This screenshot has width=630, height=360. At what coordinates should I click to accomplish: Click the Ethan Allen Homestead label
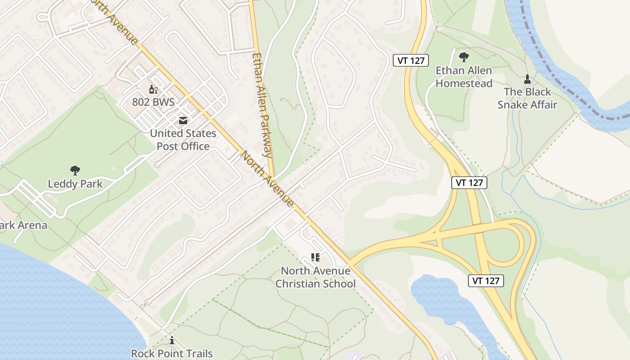[x=464, y=77]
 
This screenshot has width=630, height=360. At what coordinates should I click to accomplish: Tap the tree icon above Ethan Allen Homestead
[x=464, y=57]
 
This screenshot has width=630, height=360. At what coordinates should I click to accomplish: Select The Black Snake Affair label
[x=527, y=98]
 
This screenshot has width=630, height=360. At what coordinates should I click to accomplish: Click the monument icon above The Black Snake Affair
[x=527, y=80]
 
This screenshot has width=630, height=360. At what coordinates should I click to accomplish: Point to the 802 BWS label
[x=153, y=102]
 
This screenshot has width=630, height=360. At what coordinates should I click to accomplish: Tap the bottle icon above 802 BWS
[x=153, y=89]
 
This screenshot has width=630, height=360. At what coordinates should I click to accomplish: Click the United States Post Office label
[x=183, y=140]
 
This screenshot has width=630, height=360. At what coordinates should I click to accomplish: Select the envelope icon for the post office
[x=183, y=121]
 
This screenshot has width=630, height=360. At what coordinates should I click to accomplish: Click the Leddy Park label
[x=75, y=184]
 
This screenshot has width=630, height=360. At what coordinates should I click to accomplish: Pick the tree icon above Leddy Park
[x=75, y=171]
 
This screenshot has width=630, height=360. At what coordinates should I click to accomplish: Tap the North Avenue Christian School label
[x=315, y=277]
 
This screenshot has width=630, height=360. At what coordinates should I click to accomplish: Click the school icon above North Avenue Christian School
[x=315, y=257]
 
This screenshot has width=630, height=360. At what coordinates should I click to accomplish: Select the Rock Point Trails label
[x=172, y=354]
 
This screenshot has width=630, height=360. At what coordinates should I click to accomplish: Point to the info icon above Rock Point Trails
[x=172, y=341]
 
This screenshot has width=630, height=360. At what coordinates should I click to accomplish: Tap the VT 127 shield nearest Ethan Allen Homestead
[x=411, y=60]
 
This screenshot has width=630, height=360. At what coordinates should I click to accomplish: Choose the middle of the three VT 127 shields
[x=469, y=182]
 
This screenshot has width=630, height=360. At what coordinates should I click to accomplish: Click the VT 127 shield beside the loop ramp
[x=486, y=281]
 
